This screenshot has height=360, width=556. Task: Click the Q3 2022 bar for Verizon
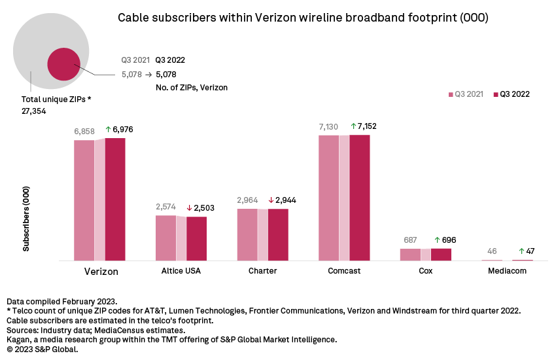coord(115,200)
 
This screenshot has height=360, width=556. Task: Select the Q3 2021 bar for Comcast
coord(328,198)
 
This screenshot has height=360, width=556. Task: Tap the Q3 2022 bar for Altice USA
coord(196,239)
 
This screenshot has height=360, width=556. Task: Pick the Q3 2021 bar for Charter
coord(247,235)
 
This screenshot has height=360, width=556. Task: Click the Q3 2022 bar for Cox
coord(441,255)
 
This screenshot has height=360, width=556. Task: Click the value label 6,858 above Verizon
coord(84,131)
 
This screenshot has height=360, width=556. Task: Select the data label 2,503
coord(204,207)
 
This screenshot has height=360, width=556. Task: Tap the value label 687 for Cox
coord(410,240)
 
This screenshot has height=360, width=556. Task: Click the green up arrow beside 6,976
coord(109,130)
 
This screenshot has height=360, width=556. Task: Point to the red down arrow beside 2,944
coord(271,200)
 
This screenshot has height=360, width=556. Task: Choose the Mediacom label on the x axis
coord(508,271)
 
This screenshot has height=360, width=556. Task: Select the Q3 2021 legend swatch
coord(451,94)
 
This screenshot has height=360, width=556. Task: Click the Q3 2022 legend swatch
coord(496,94)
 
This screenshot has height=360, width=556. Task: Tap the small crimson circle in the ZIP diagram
coord(63,64)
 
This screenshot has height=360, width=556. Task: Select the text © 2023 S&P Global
coord(43,350)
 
